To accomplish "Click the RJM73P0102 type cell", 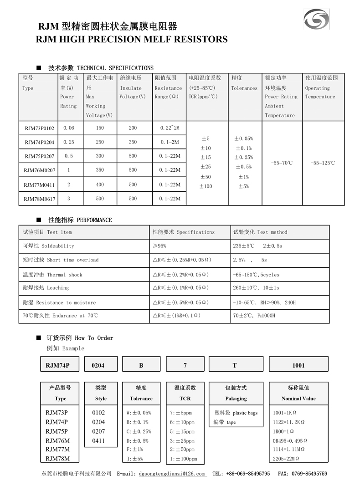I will pos(39,128).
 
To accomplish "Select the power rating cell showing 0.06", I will pos(69,128).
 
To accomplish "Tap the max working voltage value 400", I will pos(100,184).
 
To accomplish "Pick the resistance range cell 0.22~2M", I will pos(170,128).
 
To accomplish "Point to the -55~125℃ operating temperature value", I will pos(322,163).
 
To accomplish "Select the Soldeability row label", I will pos(49,246).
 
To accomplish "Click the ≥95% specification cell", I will pos(159,246).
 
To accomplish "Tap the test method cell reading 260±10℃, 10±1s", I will pos(256,288).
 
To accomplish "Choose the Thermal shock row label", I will pos(53,275).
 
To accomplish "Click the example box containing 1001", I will pos(298,365).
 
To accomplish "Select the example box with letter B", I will pos(141,365).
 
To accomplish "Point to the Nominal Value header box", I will pos(298,393).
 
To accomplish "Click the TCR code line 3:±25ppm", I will pos(182,441).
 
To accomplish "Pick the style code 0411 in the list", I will pos(98,441).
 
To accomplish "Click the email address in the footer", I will pos(171,474).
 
